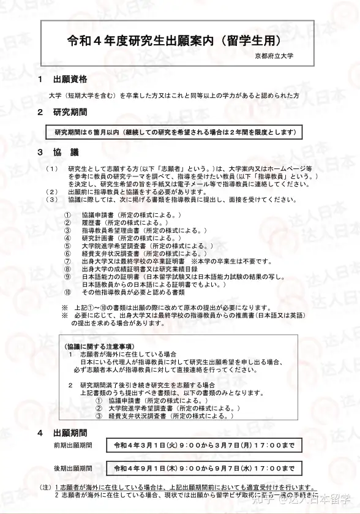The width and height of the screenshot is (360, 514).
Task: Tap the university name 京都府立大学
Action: (x=274, y=56)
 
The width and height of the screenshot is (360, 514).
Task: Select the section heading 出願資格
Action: (x=70, y=80)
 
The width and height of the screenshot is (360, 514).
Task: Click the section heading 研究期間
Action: (x=70, y=113)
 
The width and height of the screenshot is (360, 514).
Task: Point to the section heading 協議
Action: (x=66, y=152)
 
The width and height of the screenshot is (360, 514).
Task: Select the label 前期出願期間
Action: (x=73, y=445)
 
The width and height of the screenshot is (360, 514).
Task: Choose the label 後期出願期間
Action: (x=73, y=469)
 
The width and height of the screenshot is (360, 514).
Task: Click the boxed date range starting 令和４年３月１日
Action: (x=203, y=445)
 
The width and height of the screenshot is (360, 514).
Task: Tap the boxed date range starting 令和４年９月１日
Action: (x=203, y=469)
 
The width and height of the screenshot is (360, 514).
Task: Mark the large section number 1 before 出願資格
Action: (x=40, y=80)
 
